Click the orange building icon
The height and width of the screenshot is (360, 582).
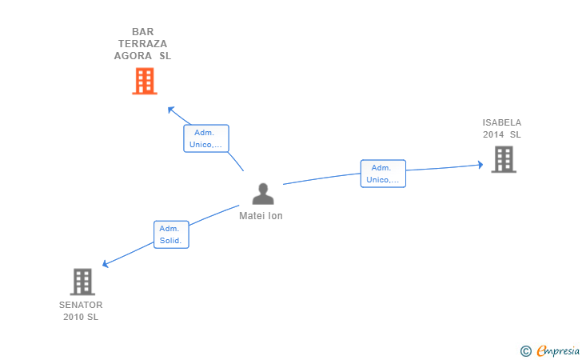point(145,81)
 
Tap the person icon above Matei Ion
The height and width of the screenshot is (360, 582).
point(263,194)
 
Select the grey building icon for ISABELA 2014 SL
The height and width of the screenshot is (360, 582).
point(504,159)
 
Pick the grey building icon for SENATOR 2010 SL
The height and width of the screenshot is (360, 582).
point(82,282)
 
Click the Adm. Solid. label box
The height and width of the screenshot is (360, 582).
point(171,234)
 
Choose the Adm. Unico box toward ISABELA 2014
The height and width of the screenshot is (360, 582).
point(383,174)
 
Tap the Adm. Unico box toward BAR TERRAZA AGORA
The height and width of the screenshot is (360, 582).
point(206,138)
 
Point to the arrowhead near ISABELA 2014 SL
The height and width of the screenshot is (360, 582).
point(480,165)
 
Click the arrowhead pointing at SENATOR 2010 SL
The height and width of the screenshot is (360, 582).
point(105,264)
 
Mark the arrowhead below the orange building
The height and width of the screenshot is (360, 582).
point(171,110)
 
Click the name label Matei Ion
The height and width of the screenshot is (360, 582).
point(261,216)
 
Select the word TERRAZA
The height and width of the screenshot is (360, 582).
point(143,44)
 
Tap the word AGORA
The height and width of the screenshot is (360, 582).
point(133,56)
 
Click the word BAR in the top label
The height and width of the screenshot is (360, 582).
point(143,31)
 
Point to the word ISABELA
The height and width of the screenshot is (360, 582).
point(502,122)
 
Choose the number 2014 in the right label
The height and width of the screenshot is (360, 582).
point(493,134)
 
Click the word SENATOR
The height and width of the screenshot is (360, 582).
point(81,305)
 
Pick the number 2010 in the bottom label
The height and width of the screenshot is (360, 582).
point(74,317)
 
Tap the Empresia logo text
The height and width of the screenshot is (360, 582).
point(558,350)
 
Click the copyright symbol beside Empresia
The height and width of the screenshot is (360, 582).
point(526,351)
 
